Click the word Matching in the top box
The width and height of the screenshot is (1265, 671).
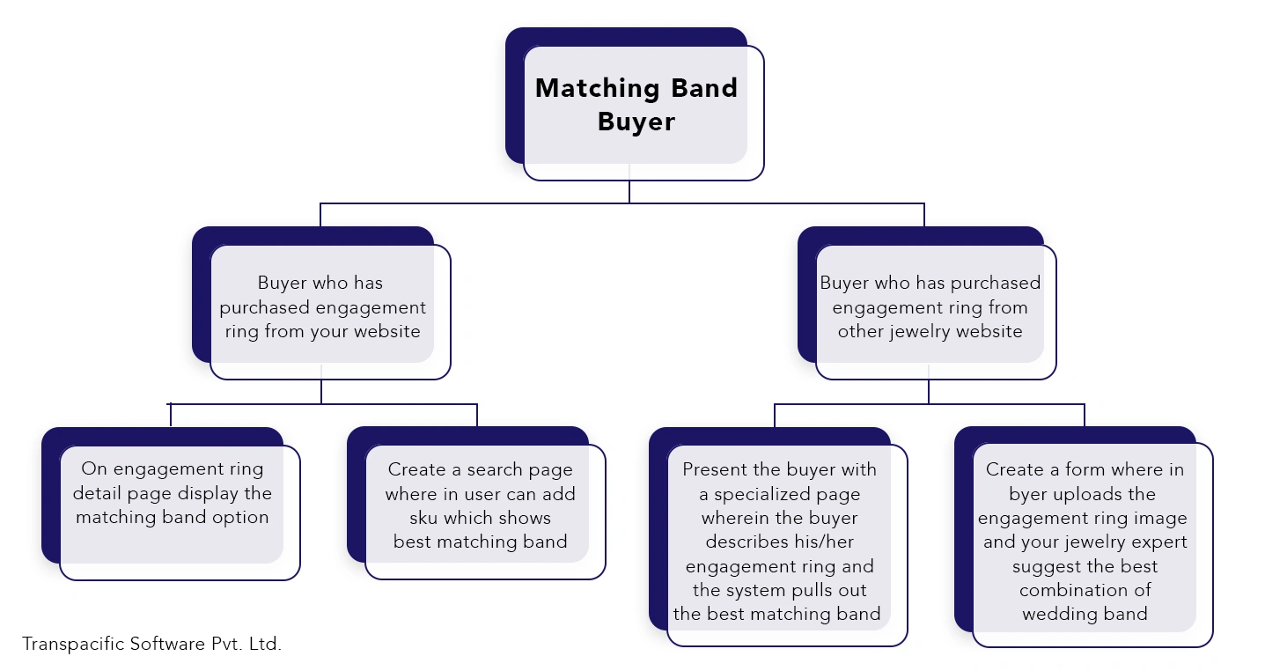click(597, 89)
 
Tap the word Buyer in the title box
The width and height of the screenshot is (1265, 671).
click(636, 122)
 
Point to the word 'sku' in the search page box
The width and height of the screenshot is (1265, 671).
click(423, 518)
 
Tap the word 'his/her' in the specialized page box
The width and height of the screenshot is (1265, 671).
click(824, 542)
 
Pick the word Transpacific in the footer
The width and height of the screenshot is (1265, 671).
click(73, 644)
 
